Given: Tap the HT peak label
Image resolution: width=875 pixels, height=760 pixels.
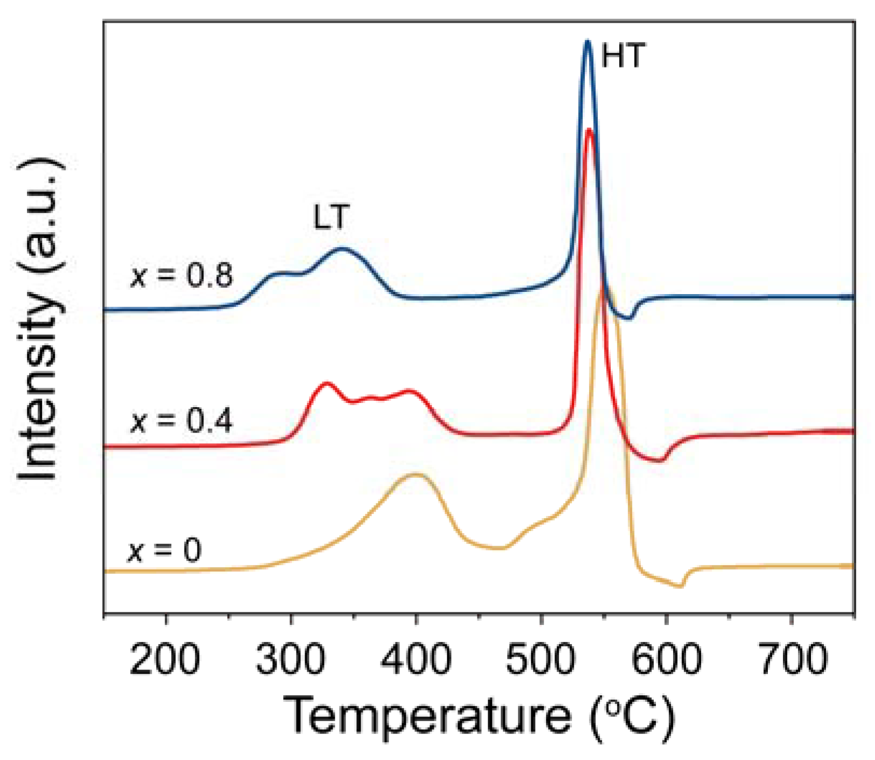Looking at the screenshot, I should (x=623, y=55).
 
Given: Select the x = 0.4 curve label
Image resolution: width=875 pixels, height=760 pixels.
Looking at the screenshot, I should (x=182, y=420).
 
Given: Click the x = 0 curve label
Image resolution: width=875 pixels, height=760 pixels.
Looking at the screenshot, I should (x=165, y=550).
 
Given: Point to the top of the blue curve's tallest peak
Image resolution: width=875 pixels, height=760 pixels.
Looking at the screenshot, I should (x=588, y=41).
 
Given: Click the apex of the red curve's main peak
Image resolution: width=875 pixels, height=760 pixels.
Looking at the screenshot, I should (x=590, y=130).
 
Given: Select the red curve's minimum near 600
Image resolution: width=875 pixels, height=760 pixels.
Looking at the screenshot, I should (x=660, y=461).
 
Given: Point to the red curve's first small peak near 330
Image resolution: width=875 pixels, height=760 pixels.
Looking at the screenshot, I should (x=327, y=383).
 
